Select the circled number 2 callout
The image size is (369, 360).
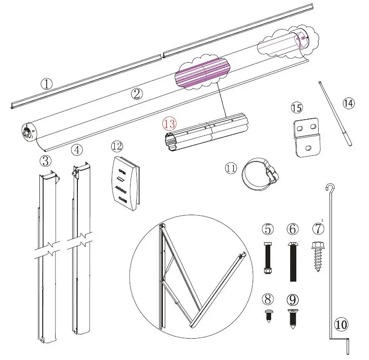tap(137, 94)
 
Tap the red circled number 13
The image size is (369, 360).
tap(170, 123)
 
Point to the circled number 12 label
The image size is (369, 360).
tap(116, 145)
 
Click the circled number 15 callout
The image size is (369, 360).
tap(296, 108)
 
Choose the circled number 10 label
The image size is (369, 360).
tap(341, 324)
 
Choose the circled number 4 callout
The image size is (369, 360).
tap(77, 150)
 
